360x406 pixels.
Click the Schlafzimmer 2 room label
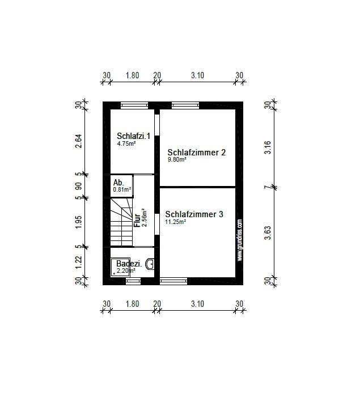(x=196, y=152)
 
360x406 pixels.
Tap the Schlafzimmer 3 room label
(x=194, y=214)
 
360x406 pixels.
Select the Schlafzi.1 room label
(x=133, y=136)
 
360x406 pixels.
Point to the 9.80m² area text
(x=177, y=159)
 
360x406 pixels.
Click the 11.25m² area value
(x=176, y=222)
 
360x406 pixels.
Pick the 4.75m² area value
(x=126, y=143)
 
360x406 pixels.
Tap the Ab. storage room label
(x=118, y=183)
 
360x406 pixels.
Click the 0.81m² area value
(x=122, y=189)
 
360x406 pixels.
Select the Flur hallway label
(x=137, y=220)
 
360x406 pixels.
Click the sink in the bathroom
(x=150, y=264)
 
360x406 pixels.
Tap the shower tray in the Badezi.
(x=120, y=267)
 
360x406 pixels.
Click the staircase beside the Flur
(x=121, y=222)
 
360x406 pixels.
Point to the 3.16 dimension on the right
(x=268, y=147)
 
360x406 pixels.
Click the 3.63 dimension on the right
(x=268, y=233)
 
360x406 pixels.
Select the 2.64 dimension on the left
(x=78, y=141)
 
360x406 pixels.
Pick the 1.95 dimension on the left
(x=78, y=222)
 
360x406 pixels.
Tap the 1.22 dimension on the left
(x=78, y=263)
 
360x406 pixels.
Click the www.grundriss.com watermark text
(x=240, y=240)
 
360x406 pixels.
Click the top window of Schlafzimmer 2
(x=185, y=105)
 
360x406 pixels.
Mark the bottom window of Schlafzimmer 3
(x=173, y=281)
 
